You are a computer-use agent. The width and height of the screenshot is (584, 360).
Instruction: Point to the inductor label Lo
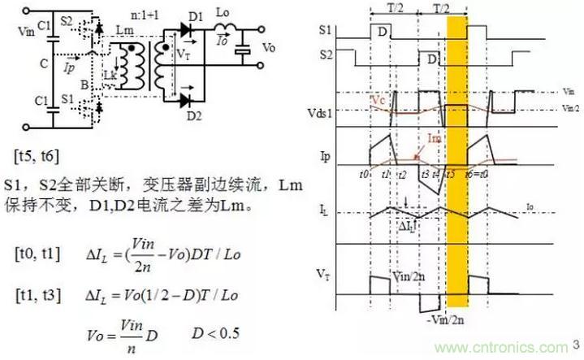pos(223,16)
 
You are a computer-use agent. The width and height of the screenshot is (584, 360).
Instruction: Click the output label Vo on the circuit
pos(269,48)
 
